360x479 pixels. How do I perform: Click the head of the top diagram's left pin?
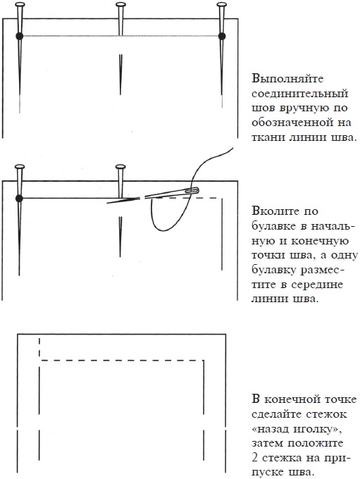(x=20, y=5)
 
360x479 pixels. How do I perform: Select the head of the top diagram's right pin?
(x=223, y=5)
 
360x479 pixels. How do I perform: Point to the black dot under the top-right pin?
(x=223, y=35)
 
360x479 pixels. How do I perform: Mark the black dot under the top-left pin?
(x=20, y=35)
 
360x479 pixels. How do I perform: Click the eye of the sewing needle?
(x=193, y=189)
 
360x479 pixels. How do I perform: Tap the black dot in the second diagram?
(x=20, y=199)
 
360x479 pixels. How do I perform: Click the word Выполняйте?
(x=284, y=79)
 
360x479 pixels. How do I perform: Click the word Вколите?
(x=274, y=211)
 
